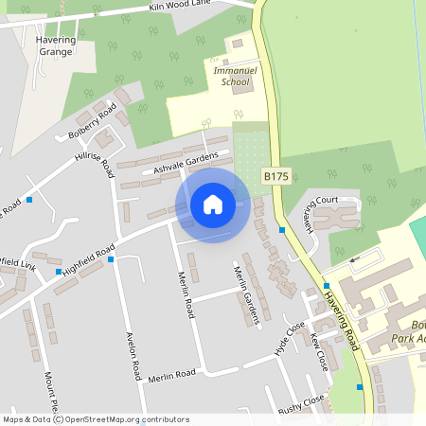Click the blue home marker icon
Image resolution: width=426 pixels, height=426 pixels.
213,204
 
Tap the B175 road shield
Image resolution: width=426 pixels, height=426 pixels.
275,176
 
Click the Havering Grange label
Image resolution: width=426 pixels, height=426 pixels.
66,46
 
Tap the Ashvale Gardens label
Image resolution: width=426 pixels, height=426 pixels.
186,163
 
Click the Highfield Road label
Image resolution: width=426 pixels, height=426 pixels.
87,257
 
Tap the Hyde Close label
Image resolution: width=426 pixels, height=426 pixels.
291,336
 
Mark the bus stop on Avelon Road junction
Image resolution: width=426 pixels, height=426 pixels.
112,258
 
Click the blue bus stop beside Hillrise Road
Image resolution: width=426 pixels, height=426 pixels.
31,199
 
